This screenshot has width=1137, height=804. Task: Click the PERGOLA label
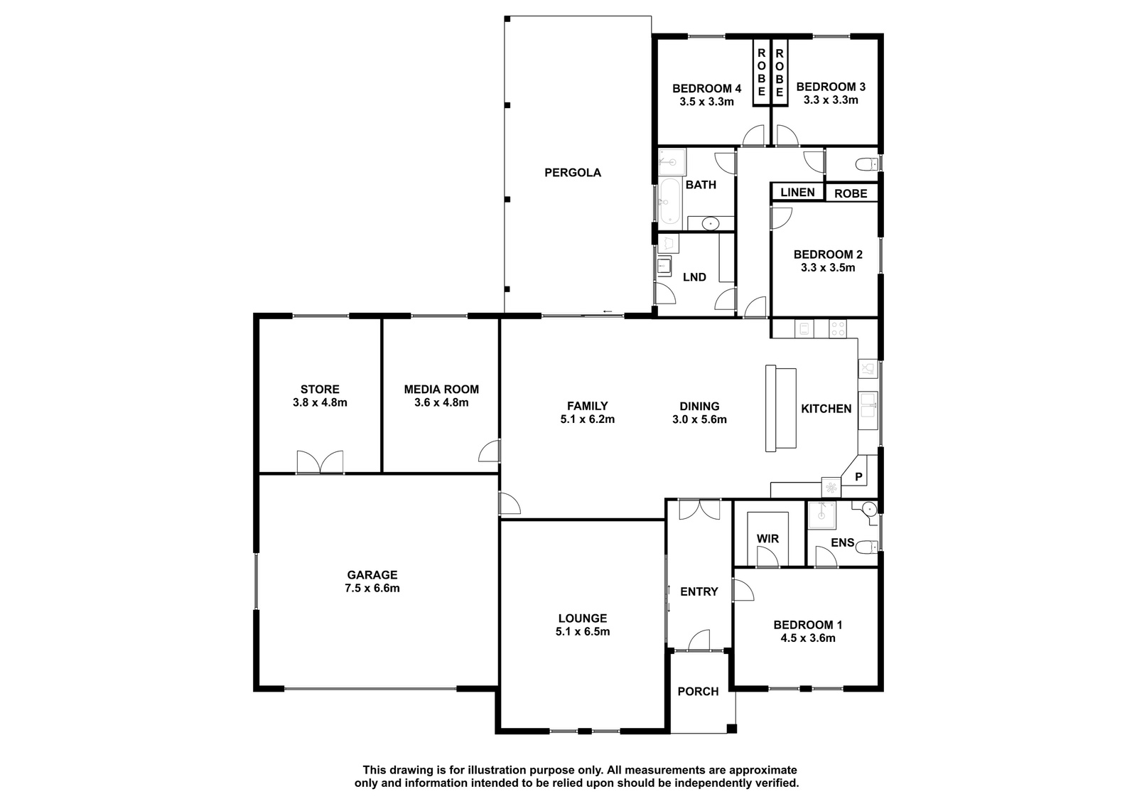[x=573, y=173]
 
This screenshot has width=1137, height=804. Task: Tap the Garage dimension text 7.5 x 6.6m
[x=372, y=588]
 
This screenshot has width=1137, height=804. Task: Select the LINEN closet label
[x=797, y=192]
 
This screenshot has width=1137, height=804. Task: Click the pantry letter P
[x=859, y=477]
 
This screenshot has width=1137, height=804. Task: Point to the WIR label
[x=767, y=538]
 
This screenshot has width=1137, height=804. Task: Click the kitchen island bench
[x=781, y=408]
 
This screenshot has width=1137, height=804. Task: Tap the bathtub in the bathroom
[x=670, y=202]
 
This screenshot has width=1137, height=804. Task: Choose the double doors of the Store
[x=320, y=461]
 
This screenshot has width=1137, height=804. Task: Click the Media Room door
[x=489, y=451]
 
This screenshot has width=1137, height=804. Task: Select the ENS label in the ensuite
[x=843, y=542]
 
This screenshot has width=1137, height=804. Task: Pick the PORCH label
[x=698, y=691]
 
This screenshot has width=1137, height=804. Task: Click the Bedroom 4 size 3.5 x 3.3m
[x=706, y=102]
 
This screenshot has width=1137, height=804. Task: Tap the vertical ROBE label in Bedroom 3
[x=780, y=73]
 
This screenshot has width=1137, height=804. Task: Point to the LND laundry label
[x=694, y=277]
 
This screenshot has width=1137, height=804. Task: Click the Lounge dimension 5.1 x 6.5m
[x=583, y=632]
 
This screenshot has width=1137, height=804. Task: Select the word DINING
[x=699, y=407]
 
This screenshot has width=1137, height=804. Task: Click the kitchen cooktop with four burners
[x=838, y=328]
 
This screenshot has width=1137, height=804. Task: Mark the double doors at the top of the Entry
[x=699, y=510]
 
